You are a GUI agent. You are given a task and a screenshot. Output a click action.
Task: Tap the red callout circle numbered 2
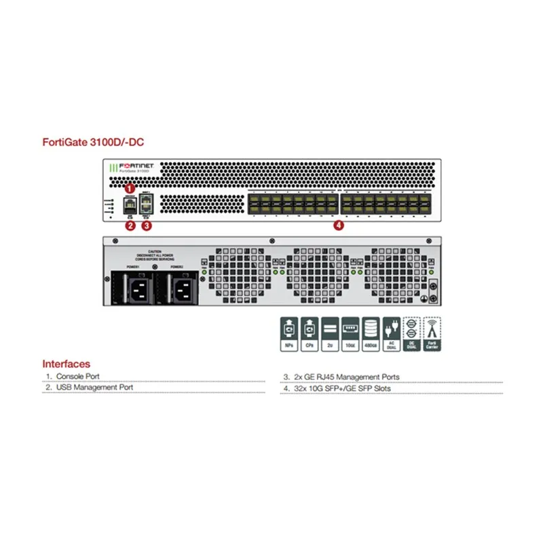pos(130,226)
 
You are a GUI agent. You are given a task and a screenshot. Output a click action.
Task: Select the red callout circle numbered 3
pos(146,226)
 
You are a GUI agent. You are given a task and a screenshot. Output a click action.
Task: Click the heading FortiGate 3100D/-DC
pos(93,143)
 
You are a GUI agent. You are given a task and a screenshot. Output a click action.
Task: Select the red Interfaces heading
pos(66,364)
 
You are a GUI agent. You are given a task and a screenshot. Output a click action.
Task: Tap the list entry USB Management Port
pos(94,388)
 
